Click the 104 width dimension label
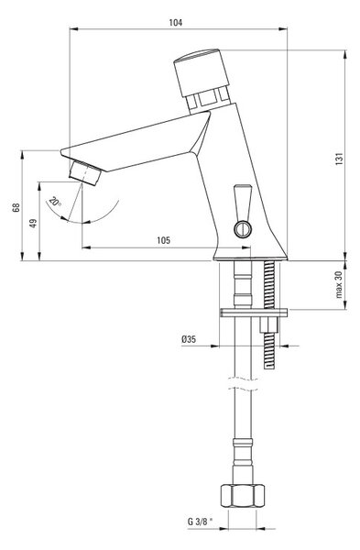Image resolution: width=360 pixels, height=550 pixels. pyautogui.click(x=176, y=23)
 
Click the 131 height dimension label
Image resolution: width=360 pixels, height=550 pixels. pyautogui.click(x=340, y=159)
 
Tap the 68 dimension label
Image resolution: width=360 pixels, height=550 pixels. pyautogui.click(x=16, y=207)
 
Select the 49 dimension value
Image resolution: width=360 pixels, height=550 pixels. pyautogui.click(x=33, y=223)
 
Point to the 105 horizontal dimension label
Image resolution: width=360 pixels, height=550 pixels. pyautogui.click(x=163, y=240)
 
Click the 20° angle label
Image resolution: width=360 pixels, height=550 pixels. pyautogui.click(x=55, y=202)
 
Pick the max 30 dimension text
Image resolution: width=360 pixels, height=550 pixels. pyautogui.click(x=339, y=284)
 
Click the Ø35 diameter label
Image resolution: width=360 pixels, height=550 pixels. pyautogui.click(x=189, y=339)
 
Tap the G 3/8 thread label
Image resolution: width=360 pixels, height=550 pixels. pyautogui.click(x=201, y=522)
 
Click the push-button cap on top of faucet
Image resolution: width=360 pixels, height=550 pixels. pyautogui.click(x=202, y=71)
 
